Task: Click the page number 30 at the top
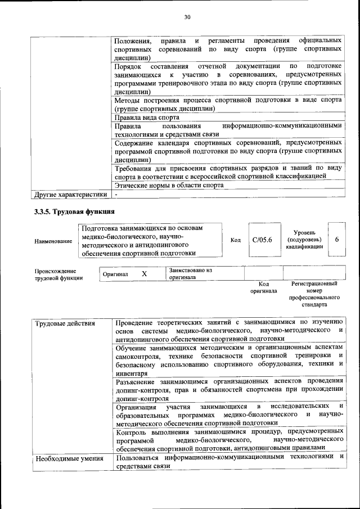coord(187,17)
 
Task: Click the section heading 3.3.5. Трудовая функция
coord(74,212)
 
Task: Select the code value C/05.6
coord(262,240)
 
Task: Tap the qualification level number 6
coord(336,240)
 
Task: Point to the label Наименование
coord(53,241)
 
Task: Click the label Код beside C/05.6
coord(236,240)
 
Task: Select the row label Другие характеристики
coord(70,195)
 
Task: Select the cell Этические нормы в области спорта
coord(165,184)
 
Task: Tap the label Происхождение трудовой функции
coord(59,274)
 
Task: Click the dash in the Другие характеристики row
coord(116,195)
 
